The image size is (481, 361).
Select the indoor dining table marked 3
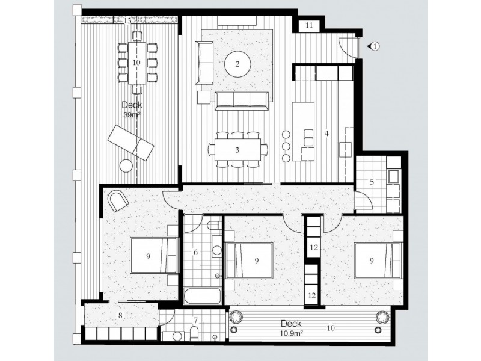237,149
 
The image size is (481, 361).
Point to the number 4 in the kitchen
326,132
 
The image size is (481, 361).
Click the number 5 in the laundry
372,180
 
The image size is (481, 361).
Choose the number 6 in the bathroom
196,253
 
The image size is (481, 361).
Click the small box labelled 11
308,25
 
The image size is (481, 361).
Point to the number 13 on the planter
127,21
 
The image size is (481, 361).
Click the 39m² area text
130,115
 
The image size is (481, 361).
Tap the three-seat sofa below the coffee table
243,100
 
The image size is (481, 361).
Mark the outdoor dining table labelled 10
136,62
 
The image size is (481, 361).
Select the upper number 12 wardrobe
312,247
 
